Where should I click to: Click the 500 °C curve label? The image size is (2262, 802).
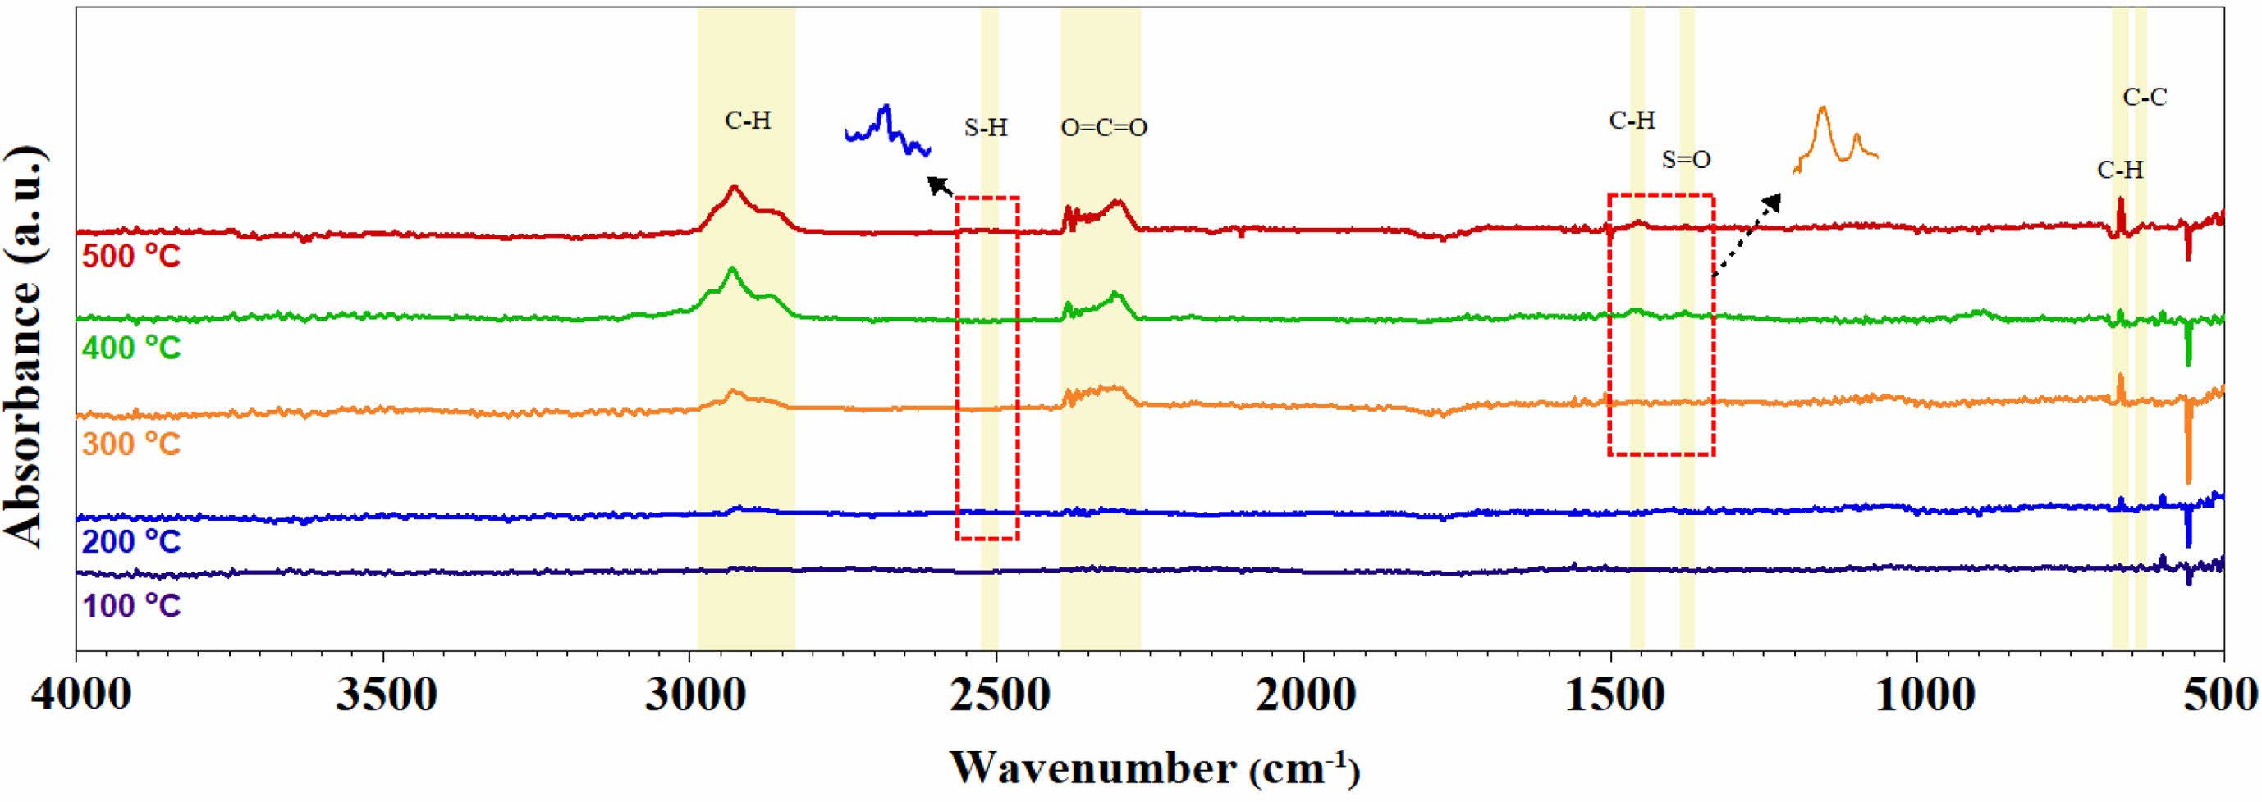click(130, 256)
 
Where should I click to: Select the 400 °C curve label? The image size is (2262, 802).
click(130, 349)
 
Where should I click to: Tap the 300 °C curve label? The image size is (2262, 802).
click(130, 444)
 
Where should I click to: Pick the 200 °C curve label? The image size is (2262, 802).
click(130, 541)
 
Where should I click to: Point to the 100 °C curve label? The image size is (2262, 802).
click(130, 606)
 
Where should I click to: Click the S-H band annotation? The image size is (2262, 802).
click(985, 128)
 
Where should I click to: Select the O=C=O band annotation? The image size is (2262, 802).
click(1104, 128)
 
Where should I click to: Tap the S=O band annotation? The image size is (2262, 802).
click(1686, 161)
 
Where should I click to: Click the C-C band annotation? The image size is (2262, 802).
click(2145, 98)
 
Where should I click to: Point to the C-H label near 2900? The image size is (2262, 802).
click(747, 121)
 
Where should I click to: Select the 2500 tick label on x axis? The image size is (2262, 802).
click(997, 696)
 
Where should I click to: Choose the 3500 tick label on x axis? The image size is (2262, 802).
click(387, 696)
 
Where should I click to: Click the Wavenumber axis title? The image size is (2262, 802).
click(1155, 768)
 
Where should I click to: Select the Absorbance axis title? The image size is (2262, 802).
click(25, 347)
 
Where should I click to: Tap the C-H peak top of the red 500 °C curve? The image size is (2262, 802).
click(733, 187)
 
